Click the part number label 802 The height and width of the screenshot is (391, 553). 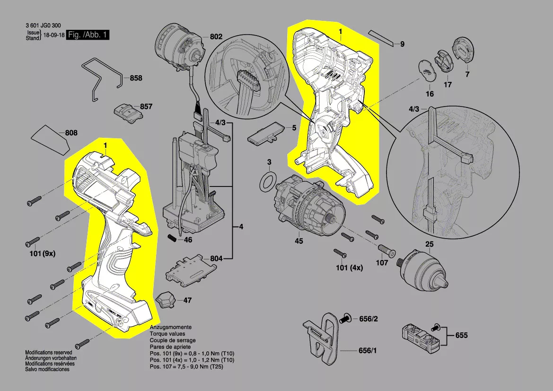(216, 36)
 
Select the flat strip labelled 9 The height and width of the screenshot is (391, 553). (381, 38)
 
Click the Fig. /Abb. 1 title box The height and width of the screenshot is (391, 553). (88, 35)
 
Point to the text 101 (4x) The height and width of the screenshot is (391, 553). (349, 268)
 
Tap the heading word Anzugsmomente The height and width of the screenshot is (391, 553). (170, 328)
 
